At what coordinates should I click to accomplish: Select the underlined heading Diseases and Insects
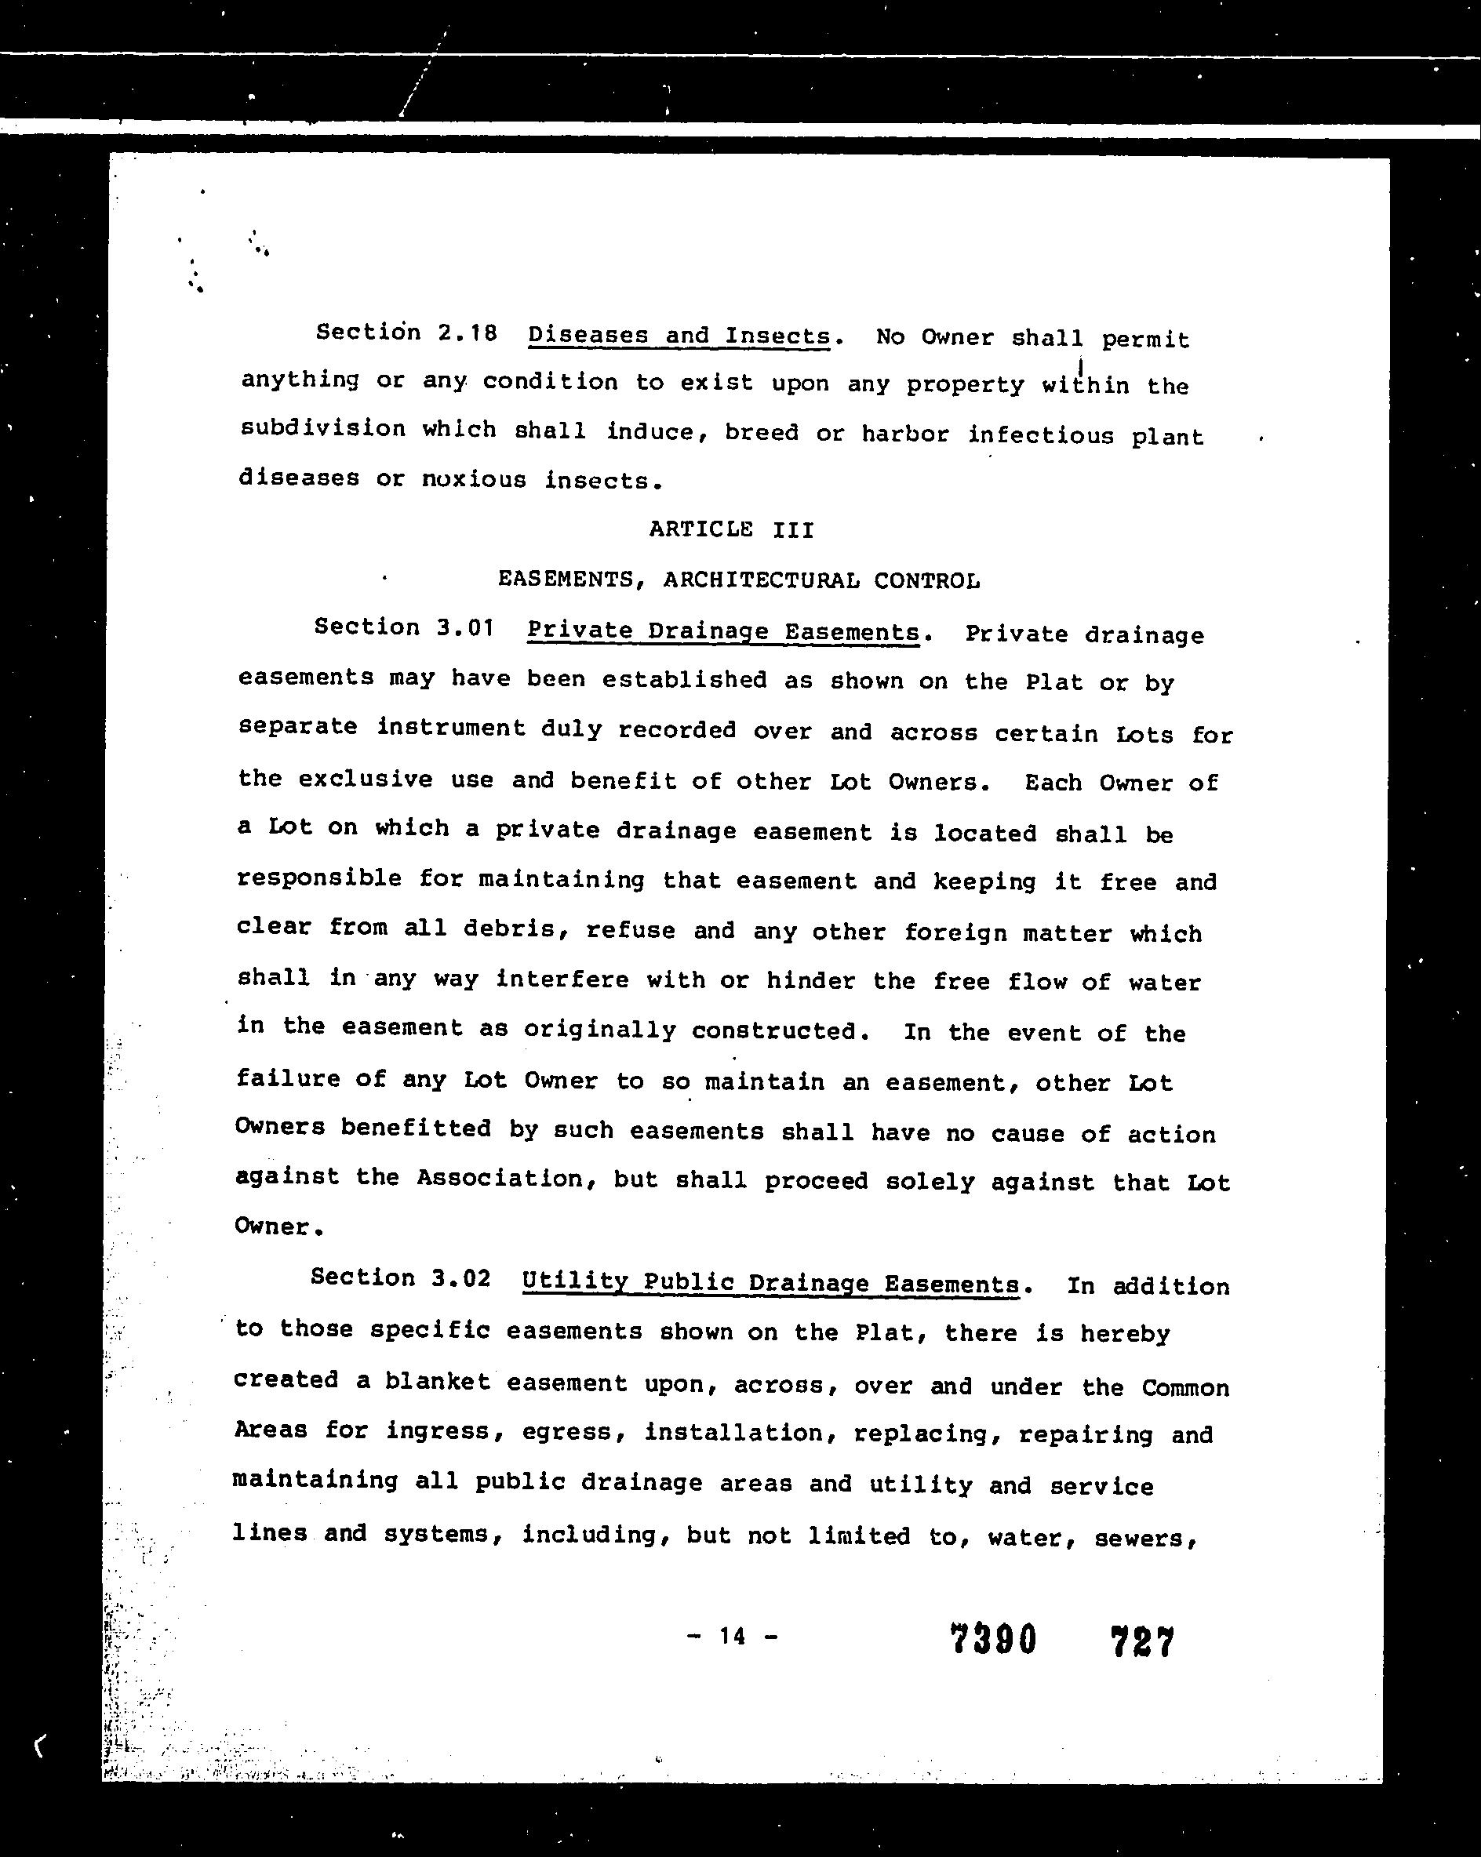pyautogui.click(x=679, y=335)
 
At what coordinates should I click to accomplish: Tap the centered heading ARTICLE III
pyautogui.click(x=731, y=529)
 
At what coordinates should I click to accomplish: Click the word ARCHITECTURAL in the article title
pyautogui.click(x=761, y=580)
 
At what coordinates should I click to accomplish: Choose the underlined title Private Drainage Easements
pyautogui.click(x=722, y=631)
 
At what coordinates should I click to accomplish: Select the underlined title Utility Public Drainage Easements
pyautogui.click(x=770, y=1282)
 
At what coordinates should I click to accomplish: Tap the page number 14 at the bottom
pyautogui.click(x=733, y=1635)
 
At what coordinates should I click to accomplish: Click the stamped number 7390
pyautogui.click(x=992, y=1639)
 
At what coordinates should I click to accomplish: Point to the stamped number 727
pyautogui.click(x=1141, y=1641)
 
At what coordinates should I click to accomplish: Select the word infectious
pyautogui.click(x=1040, y=435)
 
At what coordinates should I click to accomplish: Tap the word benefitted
pyautogui.click(x=415, y=1128)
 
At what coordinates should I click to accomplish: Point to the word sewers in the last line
pyautogui.click(x=1145, y=1538)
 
